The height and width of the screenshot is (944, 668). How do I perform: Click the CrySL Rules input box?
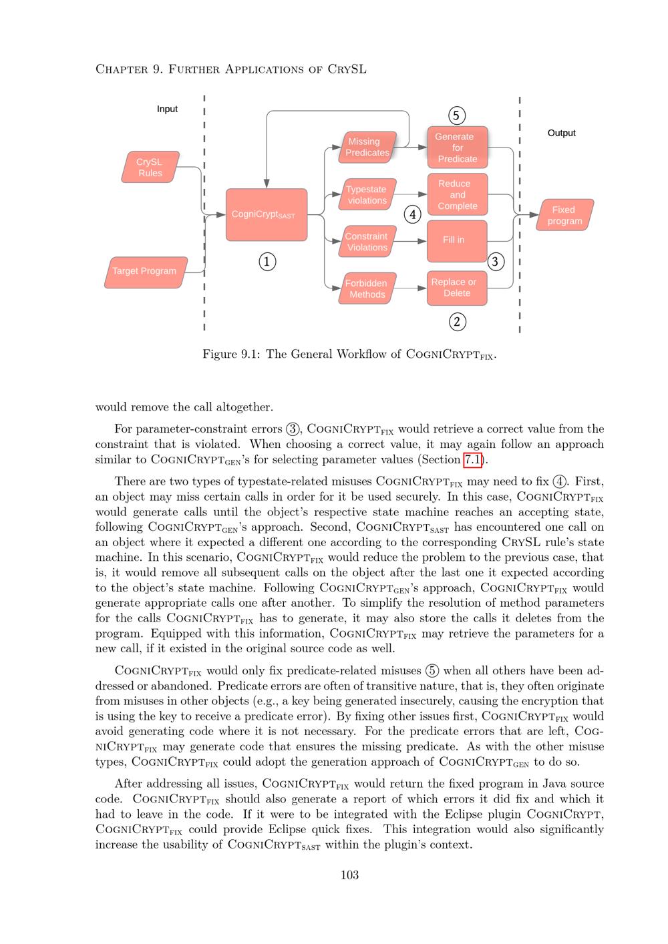(x=150, y=168)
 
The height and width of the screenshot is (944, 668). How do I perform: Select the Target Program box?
(x=145, y=272)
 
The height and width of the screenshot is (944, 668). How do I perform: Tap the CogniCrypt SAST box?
(x=267, y=215)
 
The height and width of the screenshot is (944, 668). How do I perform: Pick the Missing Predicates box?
(x=367, y=148)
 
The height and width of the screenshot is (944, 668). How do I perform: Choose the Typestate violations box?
(x=367, y=195)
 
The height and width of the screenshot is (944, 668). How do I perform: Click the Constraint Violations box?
(x=367, y=242)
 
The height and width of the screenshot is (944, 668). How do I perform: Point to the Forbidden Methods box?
(x=367, y=288)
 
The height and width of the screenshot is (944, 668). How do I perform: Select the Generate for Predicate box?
(x=457, y=148)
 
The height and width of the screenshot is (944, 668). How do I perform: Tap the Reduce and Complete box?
(x=457, y=195)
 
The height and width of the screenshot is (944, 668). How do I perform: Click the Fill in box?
(x=457, y=240)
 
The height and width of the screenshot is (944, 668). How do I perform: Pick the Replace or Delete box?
(x=457, y=288)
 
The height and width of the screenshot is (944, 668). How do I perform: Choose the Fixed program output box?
(x=564, y=215)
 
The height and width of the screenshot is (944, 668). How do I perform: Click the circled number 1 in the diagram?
(x=267, y=262)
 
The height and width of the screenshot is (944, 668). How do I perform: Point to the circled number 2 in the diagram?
(x=457, y=322)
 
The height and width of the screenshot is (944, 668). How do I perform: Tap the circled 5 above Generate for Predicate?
(x=456, y=115)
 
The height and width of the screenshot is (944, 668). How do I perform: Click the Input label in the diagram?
(x=167, y=109)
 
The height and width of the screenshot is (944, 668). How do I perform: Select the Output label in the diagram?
(x=561, y=133)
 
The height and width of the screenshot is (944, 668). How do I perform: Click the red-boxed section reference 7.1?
(x=472, y=460)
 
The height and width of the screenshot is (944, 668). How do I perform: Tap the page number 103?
(x=349, y=875)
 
